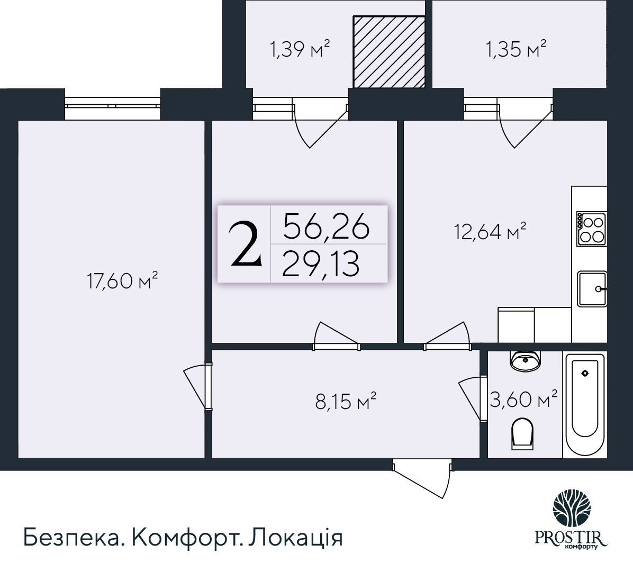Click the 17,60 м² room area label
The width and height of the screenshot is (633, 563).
[x=122, y=280]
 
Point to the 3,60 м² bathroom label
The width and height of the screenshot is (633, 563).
[x=523, y=399]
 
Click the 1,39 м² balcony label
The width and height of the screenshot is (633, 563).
[x=300, y=50]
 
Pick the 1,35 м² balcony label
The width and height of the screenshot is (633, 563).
[x=516, y=50]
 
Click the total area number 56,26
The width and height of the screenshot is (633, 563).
[x=326, y=228]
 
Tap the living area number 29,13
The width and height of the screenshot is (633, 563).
[x=321, y=264]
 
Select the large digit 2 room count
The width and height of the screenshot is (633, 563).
[x=245, y=244]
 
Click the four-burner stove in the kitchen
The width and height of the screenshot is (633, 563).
[x=591, y=229]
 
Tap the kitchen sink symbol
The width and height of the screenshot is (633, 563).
[x=592, y=288]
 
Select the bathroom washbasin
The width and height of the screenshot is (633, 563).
[x=525, y=361]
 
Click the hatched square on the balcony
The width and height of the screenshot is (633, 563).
[x=389, y=51]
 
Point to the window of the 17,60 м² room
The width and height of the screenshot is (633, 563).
[x=112, y=105]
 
